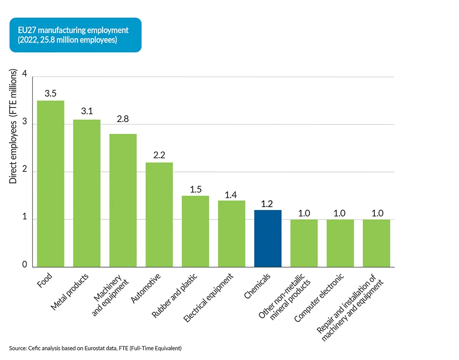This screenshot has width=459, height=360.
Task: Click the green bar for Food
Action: (50, 184)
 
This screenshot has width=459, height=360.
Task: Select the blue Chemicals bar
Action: (268, 238)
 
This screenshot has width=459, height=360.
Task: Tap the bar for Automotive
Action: (159, 214)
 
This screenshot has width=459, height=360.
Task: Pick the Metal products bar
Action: (87, 193)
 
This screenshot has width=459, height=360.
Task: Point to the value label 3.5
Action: (50, 94)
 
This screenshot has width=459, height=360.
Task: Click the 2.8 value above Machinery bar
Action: (123, 127)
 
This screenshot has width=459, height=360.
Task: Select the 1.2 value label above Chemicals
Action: (268, 203)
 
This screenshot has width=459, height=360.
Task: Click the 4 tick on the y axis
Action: (24, 76)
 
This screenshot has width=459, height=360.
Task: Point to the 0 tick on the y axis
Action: (24, 265)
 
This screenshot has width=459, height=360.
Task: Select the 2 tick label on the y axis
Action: (24, 171)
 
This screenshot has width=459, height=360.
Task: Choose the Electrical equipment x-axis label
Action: (209, 297)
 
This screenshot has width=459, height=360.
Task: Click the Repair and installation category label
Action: (351, 307)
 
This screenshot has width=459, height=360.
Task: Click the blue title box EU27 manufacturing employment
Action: (75, 35)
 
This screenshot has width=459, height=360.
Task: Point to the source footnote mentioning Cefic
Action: (95, 348)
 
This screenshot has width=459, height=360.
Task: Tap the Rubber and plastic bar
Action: (195, 231)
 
